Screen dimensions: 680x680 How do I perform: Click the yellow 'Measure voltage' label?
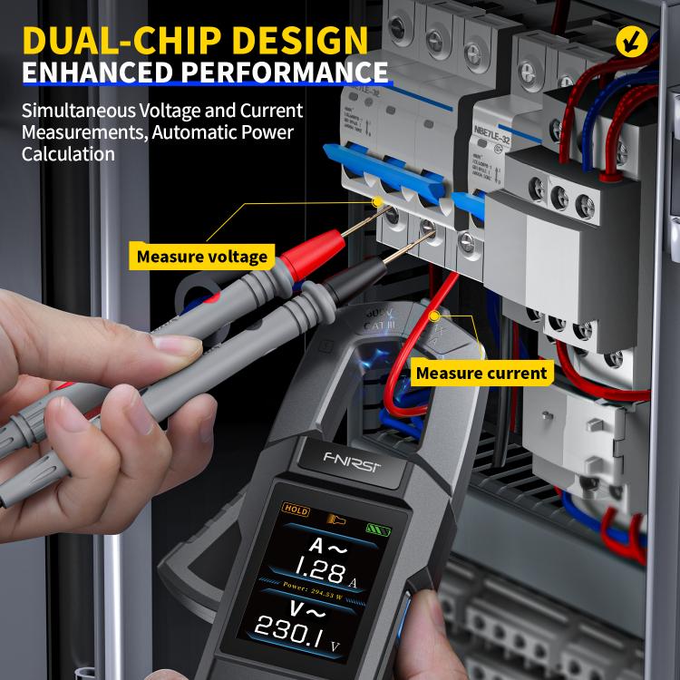click(x=202, y=257)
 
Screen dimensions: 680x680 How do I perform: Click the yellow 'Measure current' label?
click(x=481, y=373)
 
